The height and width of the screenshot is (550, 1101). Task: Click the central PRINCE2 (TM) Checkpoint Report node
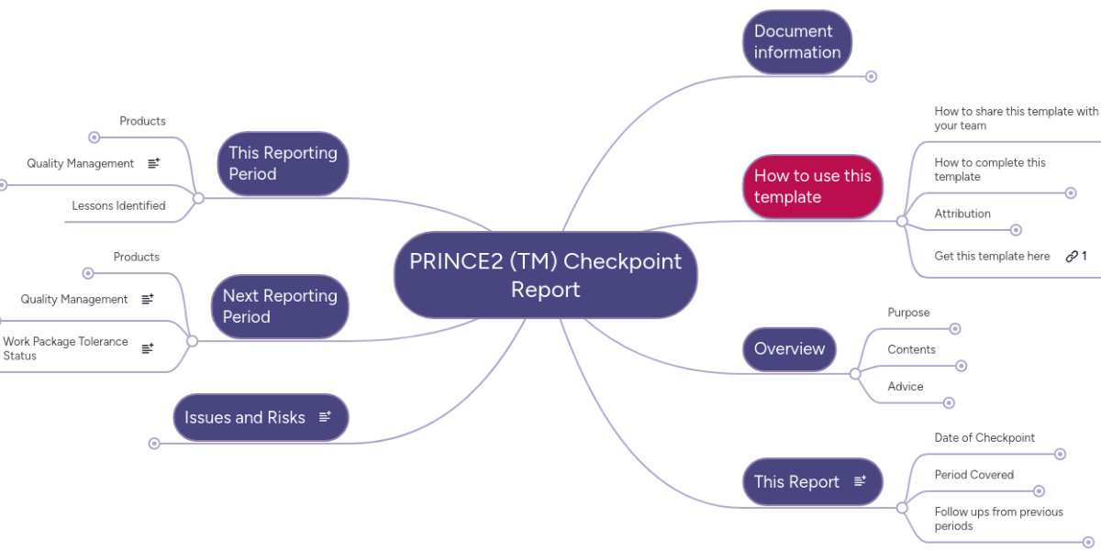(x=545, y=275)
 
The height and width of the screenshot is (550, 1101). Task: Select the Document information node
(x=796, y=41)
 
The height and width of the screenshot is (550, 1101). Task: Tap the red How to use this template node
(x=812, y=186)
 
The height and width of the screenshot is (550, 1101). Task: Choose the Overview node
(x=789, y=348)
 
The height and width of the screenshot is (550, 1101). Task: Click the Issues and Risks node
(x=245, y=417)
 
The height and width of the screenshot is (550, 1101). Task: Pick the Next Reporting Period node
(x=280, y=306)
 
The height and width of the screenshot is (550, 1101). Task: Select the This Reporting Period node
(x=283, y=163)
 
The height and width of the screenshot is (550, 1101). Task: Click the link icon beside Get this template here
(x=1071, y=257)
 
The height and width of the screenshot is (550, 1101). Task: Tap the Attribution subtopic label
(x=962, y=214)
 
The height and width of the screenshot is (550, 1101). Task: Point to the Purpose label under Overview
(x=908, y=313)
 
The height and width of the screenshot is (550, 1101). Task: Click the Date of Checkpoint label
(x=984, y=438)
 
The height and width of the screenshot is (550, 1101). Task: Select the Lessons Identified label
(x=118, y=206)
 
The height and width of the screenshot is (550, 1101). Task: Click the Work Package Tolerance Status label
(x=65, y=348)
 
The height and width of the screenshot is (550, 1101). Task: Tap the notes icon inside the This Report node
(x=860, y=481)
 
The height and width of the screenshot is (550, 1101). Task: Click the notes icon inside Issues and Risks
(x=325, y=417)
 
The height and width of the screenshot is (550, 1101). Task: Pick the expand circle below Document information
(x=872, y=77)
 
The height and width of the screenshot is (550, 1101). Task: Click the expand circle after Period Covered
(x=1040, y=491)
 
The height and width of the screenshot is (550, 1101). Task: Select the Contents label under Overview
(x=911, y=349)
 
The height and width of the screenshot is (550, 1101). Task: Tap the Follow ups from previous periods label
(x=998, y=519)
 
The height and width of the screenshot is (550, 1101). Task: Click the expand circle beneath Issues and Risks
(x=154, y=444)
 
